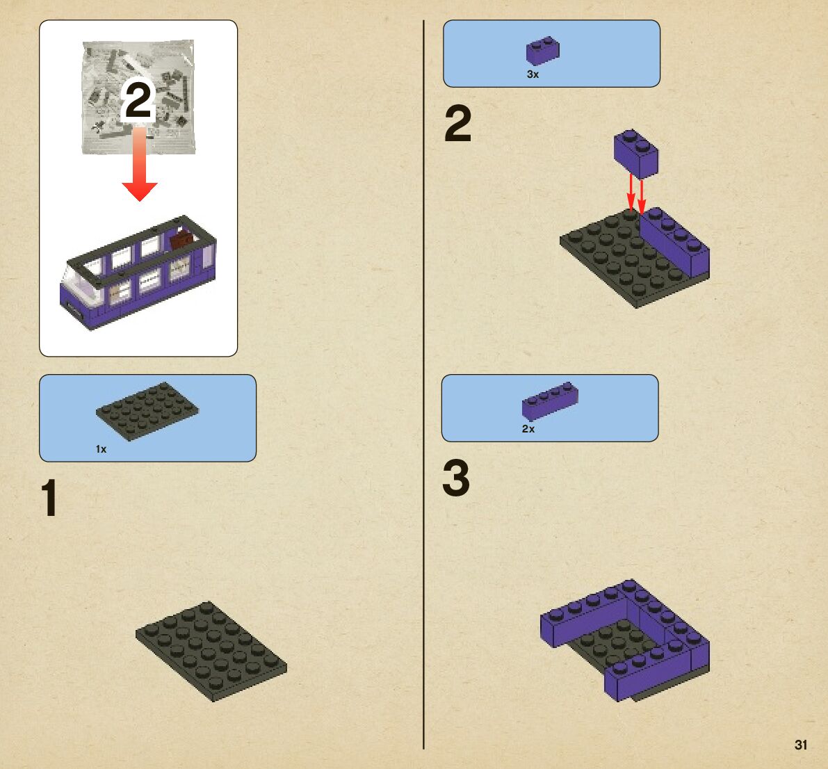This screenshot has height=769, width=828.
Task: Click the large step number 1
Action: [49, 497]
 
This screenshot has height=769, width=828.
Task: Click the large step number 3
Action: [456, 478]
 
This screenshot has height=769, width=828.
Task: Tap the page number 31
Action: [801, 745]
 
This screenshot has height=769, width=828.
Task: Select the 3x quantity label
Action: [533, 74]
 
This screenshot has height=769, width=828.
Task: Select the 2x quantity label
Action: [528, 429]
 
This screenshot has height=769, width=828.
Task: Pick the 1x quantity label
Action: [101, 449]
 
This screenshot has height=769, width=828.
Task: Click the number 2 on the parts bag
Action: [138, 100]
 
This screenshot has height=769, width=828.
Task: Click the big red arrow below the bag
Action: [140, 163]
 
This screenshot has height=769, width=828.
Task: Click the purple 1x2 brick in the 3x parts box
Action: [543, 51]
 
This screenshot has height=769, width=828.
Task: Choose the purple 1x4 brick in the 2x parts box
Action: [550, 400]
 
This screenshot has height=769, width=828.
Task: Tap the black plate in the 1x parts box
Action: [147, 411]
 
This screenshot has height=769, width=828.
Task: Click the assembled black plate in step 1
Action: [211, 651]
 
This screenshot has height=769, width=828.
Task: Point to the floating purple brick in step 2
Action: [636, 153]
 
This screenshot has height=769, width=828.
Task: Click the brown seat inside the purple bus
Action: [182, 241]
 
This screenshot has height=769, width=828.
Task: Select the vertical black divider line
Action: [423, 384]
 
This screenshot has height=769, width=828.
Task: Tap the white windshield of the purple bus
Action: [82, 278]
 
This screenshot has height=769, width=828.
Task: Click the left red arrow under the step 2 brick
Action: [631, 193]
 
